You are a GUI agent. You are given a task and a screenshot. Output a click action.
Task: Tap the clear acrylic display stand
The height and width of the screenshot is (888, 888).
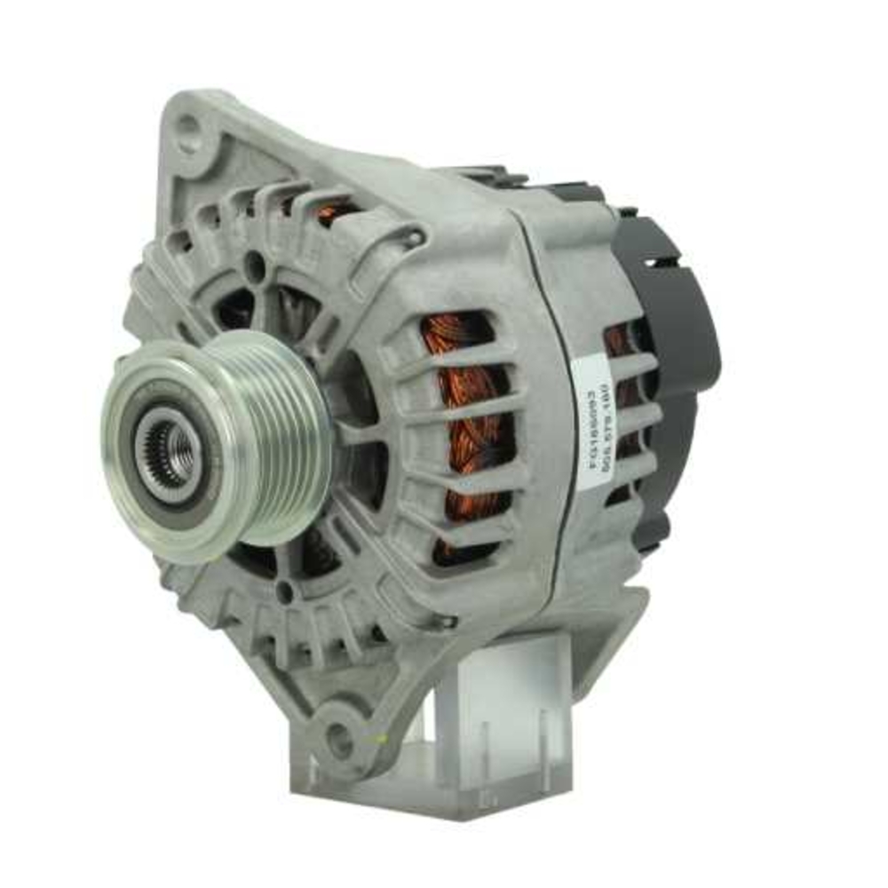(x=497, y=710)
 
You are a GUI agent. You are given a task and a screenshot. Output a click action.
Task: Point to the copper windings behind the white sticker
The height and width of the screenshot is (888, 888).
(x=622, y=391)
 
